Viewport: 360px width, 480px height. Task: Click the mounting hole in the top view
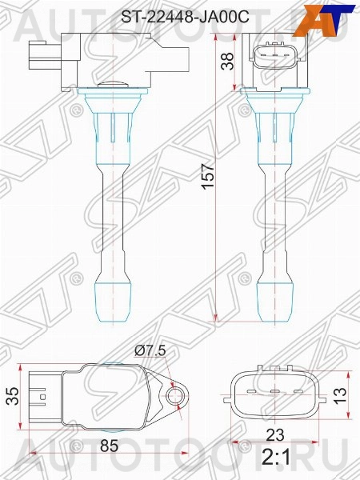click(176, 394)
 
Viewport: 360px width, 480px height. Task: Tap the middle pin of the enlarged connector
click(275, 393)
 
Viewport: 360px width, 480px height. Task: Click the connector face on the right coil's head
click(274, 57)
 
